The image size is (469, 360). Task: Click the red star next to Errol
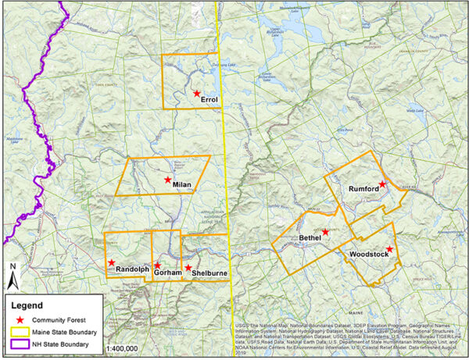tap(197, 93)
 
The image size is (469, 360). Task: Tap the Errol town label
tap(209, 100)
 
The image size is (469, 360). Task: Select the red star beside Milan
tap(167, 180)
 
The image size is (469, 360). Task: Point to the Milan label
tap(182, 184)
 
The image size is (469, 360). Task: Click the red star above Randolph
tap(112, 262)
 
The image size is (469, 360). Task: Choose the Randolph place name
tap(132, 269)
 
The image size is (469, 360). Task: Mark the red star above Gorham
tap(157, 265)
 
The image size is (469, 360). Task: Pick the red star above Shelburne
tap(188, 268)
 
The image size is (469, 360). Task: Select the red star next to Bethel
tap(325, 232)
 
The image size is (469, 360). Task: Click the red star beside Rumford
tap(382, 184)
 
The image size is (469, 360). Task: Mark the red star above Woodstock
tap(390, 249)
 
